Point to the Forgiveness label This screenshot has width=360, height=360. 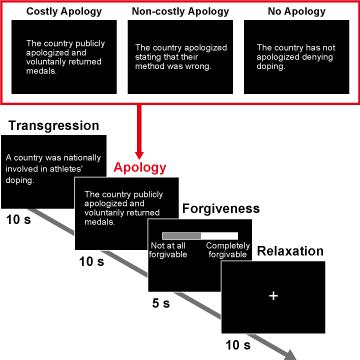point(220,209)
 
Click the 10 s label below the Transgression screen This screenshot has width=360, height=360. point(22,217)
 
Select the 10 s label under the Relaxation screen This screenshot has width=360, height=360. point(237,345)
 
